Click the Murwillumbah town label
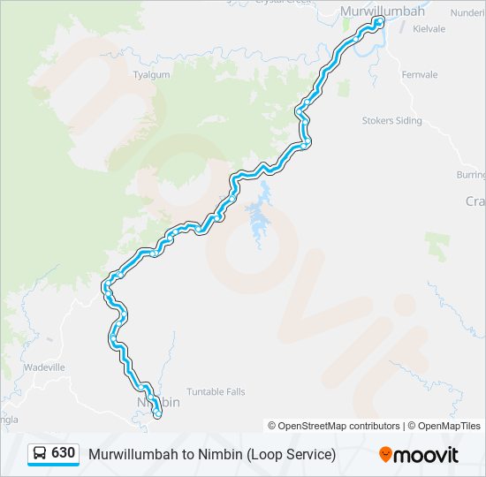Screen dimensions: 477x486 click(383, 11)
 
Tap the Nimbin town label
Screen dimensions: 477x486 click(159, 402)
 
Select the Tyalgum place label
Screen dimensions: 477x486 click(150, 76)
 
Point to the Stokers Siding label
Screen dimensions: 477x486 click(391, 121)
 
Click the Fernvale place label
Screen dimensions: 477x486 click(419, 75)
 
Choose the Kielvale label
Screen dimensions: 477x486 click(428, 28)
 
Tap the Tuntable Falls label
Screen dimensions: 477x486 click(216, 391)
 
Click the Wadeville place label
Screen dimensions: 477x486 click(44, 367)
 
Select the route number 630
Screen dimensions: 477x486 click(63, 453)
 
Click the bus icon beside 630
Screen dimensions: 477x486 click(40, 454)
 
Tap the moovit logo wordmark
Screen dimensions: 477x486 click(427, 455)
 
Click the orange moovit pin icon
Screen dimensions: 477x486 click(385, 455)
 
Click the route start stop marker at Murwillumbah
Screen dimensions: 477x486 click(378, 20)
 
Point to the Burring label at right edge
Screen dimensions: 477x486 click(471, 175)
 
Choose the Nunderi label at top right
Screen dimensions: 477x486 click(467, 13)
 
